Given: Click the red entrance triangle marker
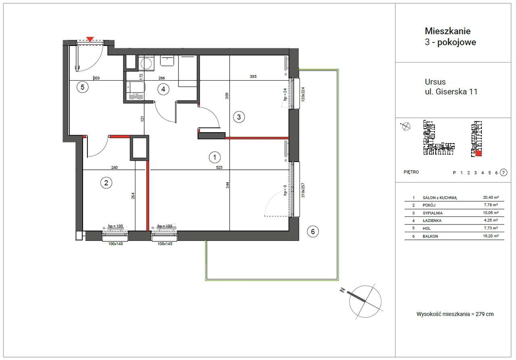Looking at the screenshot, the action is (90, 39).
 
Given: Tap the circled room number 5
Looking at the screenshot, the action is (83, 87).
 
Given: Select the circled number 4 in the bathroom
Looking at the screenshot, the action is (163, 89).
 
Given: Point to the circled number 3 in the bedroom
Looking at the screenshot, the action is (239, 117).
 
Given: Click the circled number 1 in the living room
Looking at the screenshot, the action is (215, 157).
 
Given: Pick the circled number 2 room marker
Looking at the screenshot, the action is (106, 183).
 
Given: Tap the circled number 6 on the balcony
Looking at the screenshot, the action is (313, 231).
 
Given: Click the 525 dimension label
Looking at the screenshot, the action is (219, 167).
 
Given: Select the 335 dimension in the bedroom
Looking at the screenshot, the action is (253, 77).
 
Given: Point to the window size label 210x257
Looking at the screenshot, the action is (303, 190).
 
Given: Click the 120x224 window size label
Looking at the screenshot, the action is (303, 94).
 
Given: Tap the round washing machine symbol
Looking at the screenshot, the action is (146, 63).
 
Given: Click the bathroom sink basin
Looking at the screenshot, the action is (167, 60).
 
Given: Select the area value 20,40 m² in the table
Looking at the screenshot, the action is (491, 198).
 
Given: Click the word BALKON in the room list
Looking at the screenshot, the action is (430, 236).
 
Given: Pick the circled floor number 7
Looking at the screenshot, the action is (504, 173).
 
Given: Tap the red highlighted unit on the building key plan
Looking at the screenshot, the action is (479, 153).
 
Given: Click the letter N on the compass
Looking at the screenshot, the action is (342, 290).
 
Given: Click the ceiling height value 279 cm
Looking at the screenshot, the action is (485, 314).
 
